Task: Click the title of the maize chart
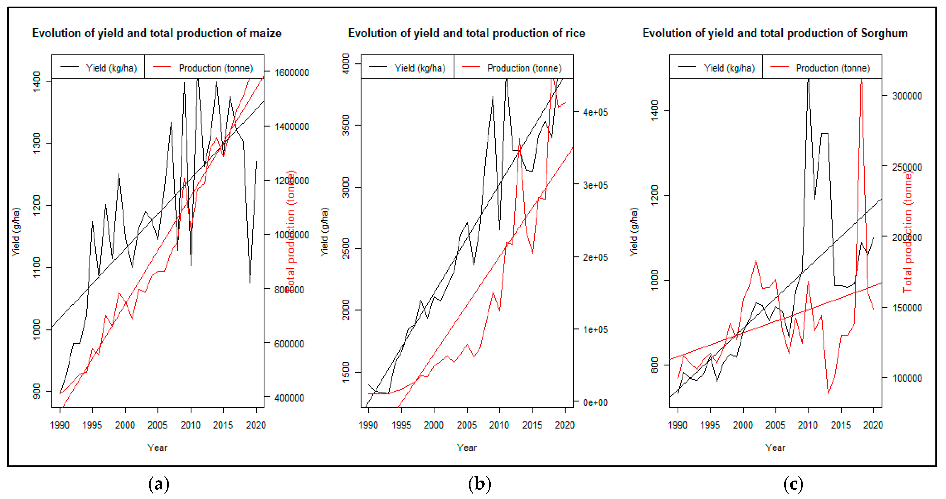click(x=157, y=33)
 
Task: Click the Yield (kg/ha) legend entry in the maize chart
click(x=111, y=68)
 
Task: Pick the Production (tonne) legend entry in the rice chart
click(x=524, y=68)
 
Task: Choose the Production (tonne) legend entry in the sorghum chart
click(x=833, y=68)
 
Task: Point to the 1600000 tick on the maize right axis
click(x=292, y=73)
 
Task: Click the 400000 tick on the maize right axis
click(x=289, y=398)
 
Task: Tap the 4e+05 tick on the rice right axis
click(x=595, y=112)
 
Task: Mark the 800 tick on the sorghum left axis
click(x=654, y=365)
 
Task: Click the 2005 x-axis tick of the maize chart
click(x=158, y=425)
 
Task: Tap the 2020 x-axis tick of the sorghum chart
click(x=873, y=425)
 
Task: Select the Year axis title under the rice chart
click(x=466, y=447)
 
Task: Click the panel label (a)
click(x=159, y=484)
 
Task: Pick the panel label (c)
click(x=793, y=484)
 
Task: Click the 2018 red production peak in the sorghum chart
click(x=861, y=80)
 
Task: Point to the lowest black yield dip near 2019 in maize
click(x=250, y=282)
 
